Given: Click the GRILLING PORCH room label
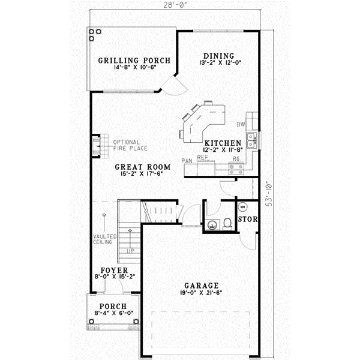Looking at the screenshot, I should pos(134,61).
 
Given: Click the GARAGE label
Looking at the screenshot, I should pos(202,286).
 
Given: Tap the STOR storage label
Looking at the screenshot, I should pos(248,220).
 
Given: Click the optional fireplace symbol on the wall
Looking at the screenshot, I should pos(95,145).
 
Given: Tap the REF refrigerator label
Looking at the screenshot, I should pos(202,157).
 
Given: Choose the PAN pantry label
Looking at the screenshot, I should pos(187,161).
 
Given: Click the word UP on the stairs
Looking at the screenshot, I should pos(130,250).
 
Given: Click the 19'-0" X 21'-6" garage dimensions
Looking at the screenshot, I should pos(202,293).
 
